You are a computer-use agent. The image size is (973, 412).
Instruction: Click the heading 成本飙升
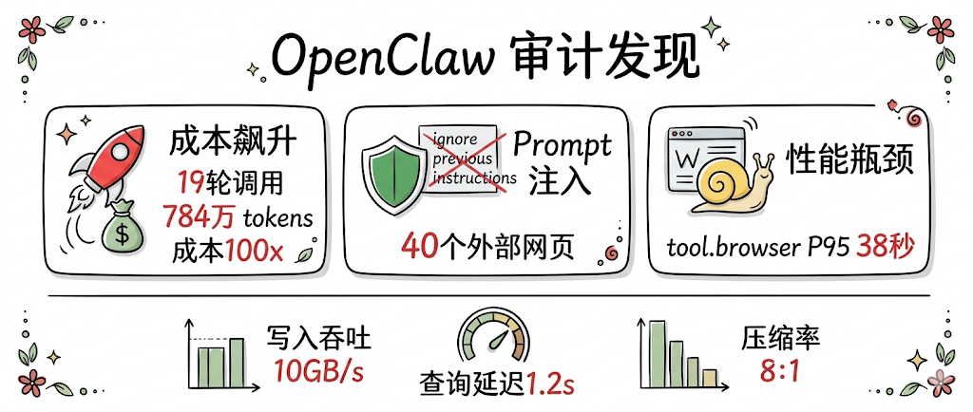click(x=234, y=143)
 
